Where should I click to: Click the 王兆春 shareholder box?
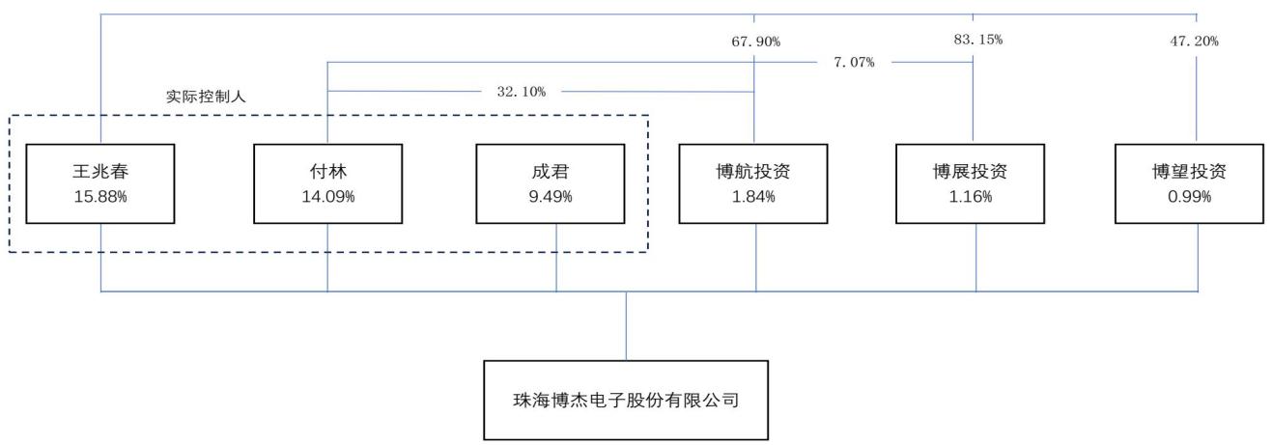99,184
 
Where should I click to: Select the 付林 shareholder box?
327,184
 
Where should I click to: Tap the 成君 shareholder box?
551,184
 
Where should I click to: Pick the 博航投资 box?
753,184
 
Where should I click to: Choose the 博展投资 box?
970,184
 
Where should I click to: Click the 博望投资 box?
1189,184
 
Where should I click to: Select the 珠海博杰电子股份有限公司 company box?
626,401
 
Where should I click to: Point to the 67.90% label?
756,42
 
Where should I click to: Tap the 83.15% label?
977,40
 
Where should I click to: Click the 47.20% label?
1194,41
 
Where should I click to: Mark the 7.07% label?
854,62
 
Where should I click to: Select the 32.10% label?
522,92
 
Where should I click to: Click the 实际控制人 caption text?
206,97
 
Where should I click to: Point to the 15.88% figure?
100,196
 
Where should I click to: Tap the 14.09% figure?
328,196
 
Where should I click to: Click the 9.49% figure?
551,196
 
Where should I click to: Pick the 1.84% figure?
753,196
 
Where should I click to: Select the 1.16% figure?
971,196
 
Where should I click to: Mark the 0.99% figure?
1190,196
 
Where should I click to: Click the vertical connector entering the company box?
627,326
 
